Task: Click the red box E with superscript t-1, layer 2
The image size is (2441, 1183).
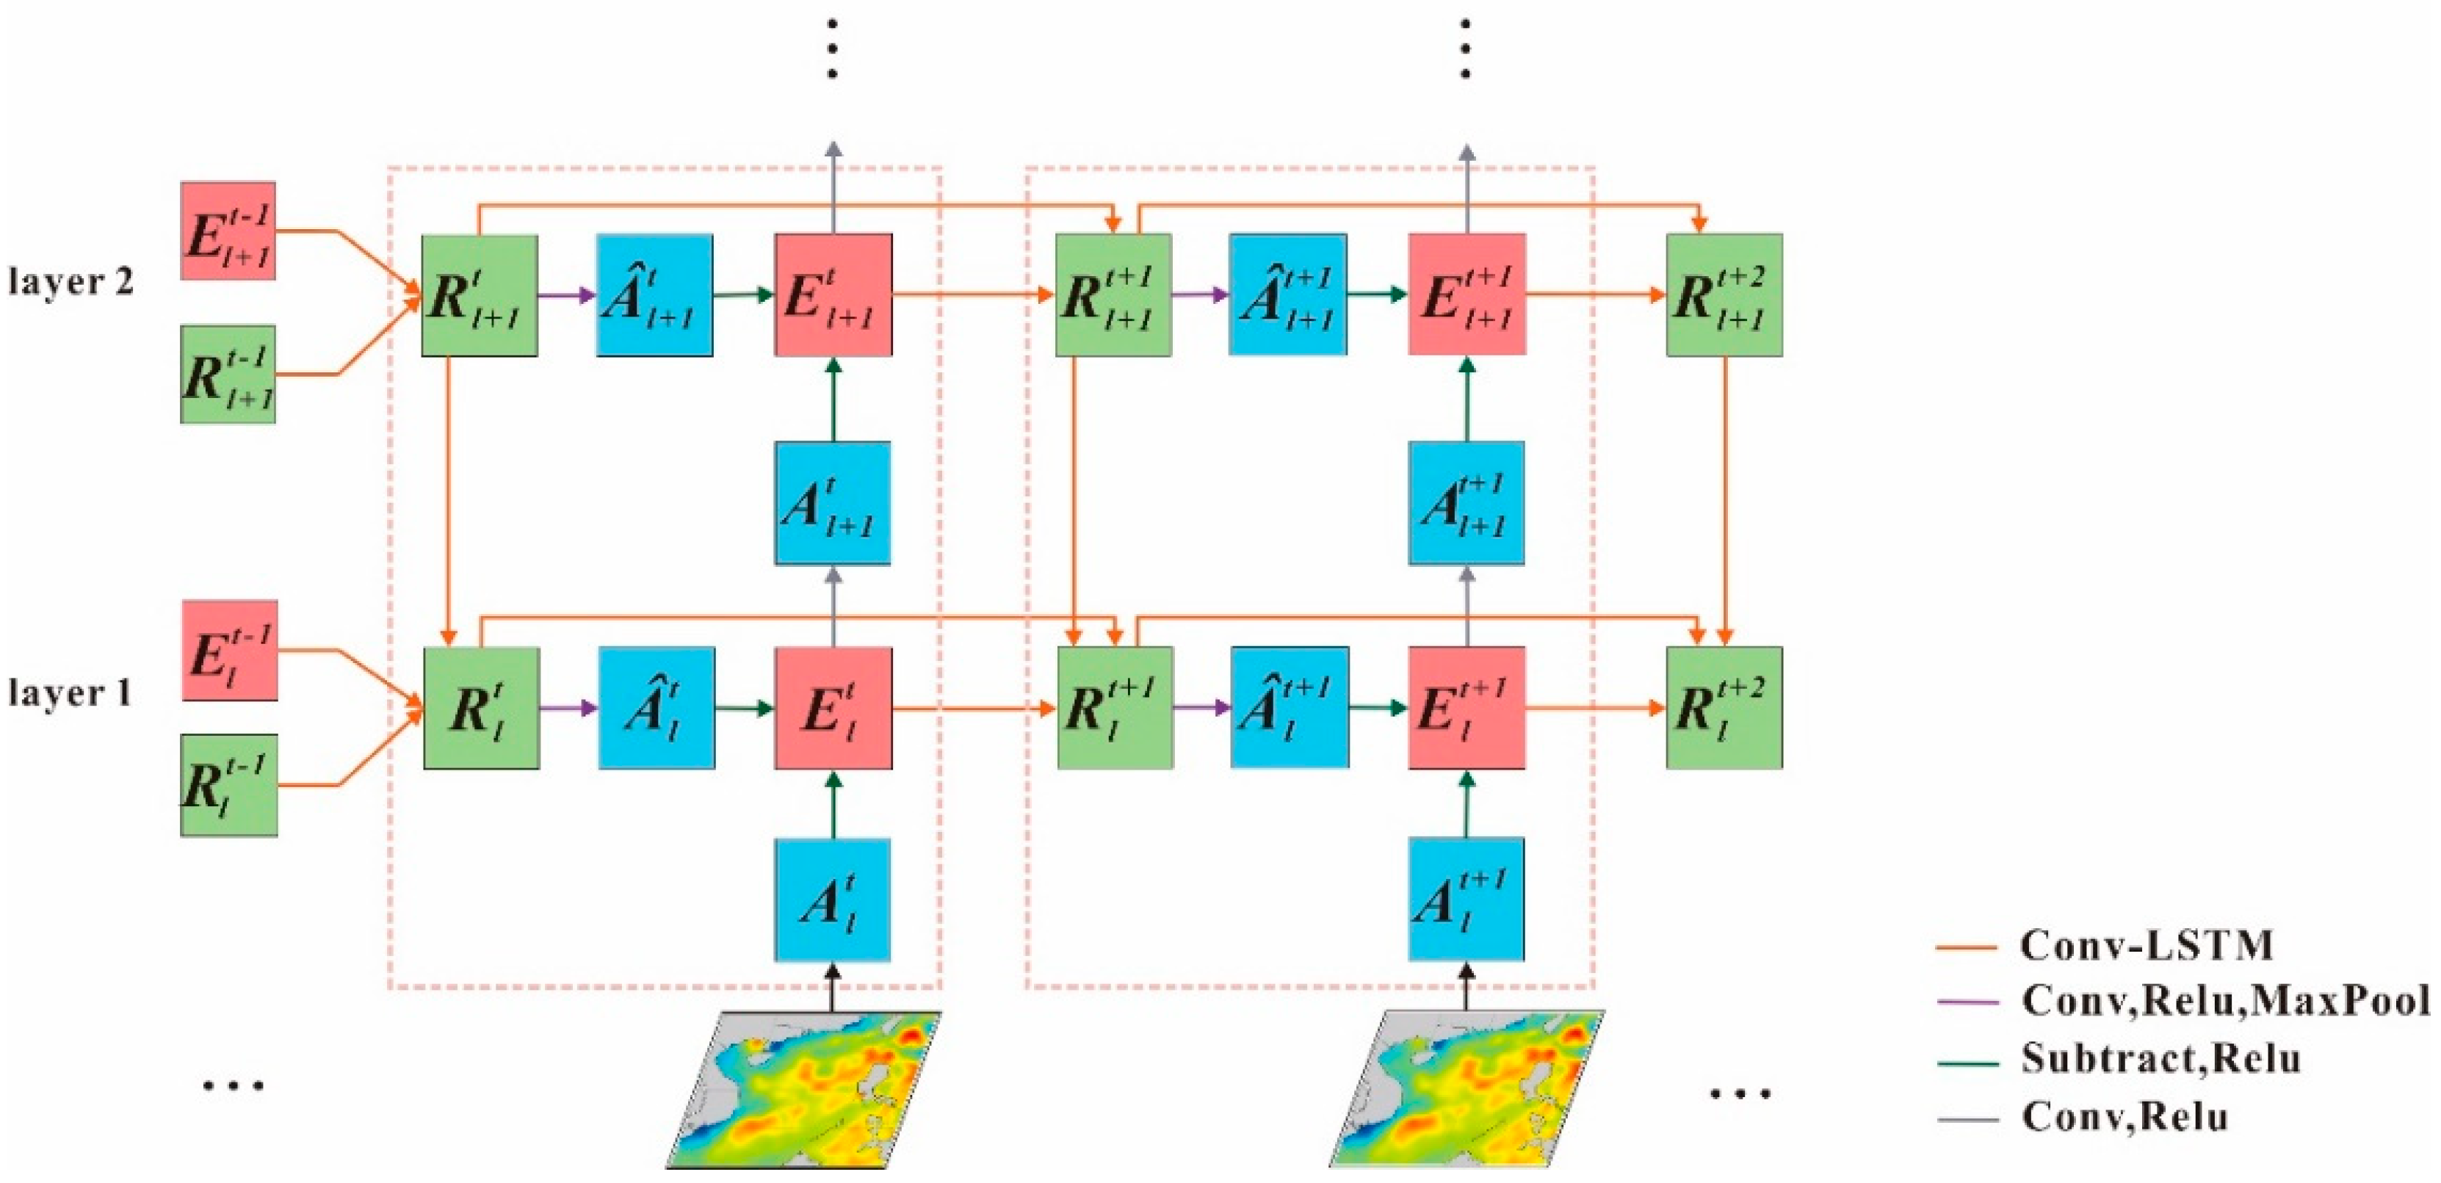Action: click(228, 231)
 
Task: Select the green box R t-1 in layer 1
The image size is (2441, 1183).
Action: click(228, 784)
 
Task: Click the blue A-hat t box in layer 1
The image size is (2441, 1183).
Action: click(657, 707)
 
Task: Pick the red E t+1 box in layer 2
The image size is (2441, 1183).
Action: click(1467, 294)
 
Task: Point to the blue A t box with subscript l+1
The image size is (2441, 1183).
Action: click(832, 502)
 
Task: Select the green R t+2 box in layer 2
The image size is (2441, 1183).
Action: click(1724, 294)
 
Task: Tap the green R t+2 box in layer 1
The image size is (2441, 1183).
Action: click(1724, 707)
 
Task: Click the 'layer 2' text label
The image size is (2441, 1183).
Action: click(71, 281)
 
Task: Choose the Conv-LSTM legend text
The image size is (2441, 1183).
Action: click(2147, 945)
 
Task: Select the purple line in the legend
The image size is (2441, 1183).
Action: click(1967, 1002)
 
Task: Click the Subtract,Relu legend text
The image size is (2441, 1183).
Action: click(2160, 1058)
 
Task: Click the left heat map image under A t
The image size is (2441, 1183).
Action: click(803, 1088)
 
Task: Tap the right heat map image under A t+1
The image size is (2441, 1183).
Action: click(1467, 1088)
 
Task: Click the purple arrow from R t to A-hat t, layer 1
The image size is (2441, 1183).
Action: click(568, 707)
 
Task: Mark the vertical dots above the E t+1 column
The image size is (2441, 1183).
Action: click(1466, 48)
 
